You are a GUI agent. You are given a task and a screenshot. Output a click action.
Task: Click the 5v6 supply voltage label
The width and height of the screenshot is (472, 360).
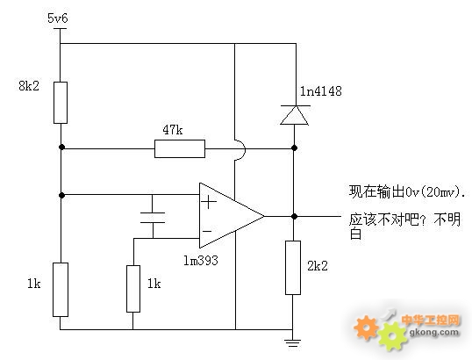click(58, 18)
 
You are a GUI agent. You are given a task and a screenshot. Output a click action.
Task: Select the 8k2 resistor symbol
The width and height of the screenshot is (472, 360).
click(61, 103)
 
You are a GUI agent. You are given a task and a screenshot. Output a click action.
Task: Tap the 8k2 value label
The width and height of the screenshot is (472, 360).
click(29, 86)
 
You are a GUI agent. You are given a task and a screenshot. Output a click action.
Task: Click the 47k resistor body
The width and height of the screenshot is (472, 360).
click(180, 148)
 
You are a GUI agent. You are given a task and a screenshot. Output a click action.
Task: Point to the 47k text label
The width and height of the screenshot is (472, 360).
click(173, 130)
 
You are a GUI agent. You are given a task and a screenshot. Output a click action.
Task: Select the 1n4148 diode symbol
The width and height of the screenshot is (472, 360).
click(295, 115)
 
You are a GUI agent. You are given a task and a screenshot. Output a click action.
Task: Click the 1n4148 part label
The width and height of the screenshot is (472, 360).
click(321, 91)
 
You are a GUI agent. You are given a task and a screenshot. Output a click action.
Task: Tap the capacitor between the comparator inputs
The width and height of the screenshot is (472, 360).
click(153, 218)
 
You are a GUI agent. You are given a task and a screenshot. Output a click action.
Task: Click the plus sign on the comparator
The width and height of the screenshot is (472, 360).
click(209, 202)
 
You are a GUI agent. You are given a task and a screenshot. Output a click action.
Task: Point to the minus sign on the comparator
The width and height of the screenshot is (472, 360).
click(207, 231)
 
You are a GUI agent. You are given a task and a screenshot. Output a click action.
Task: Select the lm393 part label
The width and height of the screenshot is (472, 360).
click(201, 260)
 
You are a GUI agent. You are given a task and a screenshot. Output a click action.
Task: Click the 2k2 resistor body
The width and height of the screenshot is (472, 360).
click(293, 268)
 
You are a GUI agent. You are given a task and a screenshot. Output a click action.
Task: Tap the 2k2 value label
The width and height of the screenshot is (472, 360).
click(318, 266)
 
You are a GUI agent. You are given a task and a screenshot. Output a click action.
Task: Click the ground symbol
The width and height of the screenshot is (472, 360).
click(293, 342)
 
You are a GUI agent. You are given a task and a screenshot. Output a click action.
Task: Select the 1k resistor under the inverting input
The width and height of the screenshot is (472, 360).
click(133, 289)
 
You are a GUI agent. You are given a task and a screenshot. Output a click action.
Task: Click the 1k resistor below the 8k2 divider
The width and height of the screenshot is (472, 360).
click(61, 290)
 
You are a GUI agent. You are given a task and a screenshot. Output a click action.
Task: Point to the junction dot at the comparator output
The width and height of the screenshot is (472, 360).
click(295, 216)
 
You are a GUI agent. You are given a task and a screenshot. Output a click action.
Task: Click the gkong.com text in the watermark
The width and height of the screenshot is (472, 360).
click(434, 332)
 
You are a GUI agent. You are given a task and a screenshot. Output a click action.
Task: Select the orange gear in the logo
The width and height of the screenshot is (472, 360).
click(367, 328)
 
